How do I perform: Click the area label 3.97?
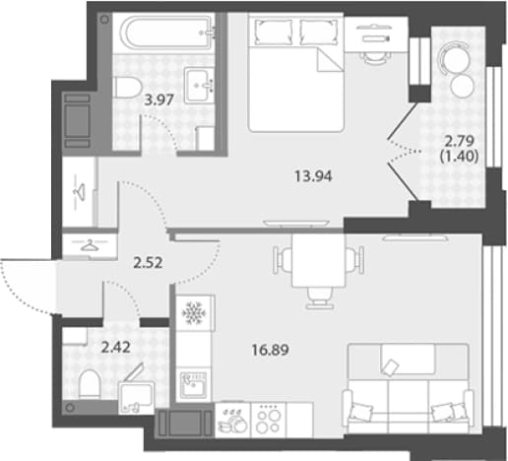coord(159,99)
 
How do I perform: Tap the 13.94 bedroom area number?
coord(313,176)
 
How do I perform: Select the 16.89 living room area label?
coord(270,350)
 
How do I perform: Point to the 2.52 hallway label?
coord(148,263)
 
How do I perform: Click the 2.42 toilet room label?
coord(116,348)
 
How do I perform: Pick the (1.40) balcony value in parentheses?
coord(459,157)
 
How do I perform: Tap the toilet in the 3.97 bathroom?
coord(127,88)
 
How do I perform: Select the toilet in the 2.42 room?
coord(90,385)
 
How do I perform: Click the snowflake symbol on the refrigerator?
coord(193,312)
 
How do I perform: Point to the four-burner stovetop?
coord(269,421)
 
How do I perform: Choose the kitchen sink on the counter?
coord(194,385)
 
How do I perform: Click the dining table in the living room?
coord(318,261)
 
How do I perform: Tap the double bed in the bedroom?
coord(295,72)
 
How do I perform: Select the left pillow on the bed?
coord(274,32)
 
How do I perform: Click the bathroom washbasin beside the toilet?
coord(199,86)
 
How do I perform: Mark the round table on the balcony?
coord(455,58)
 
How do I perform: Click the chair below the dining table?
coord(319,298)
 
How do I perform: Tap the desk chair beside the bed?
coord(375,57)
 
